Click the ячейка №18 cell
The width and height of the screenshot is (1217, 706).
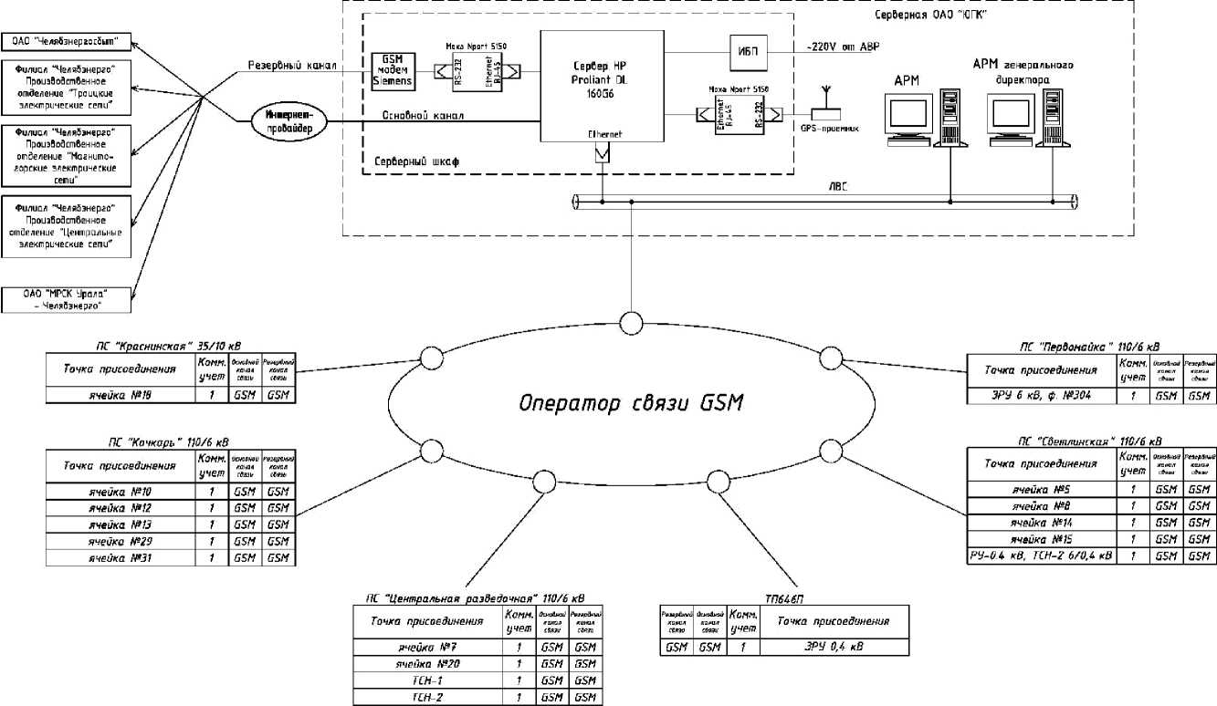point(120,396)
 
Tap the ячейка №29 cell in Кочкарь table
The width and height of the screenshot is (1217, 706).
point(120,541)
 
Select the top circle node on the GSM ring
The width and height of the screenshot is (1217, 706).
point(630,323)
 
